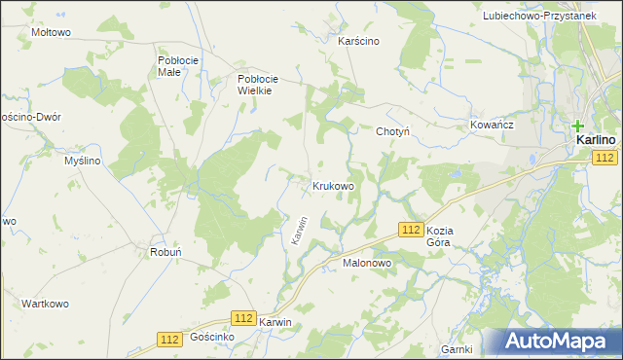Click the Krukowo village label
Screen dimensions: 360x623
(333, 185)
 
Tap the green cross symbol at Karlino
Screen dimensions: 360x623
(578, 126)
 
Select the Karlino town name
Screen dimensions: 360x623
(595, 140)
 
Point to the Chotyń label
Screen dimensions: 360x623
(393, 131)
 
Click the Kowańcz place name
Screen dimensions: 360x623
(491, 126)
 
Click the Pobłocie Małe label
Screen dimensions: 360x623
(178, 65)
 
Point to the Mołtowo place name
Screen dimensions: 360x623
(52, 32)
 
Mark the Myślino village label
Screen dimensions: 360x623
(83, 161)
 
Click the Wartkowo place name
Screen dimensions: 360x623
(45, 304)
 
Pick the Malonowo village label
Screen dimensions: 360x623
(366, 263)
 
